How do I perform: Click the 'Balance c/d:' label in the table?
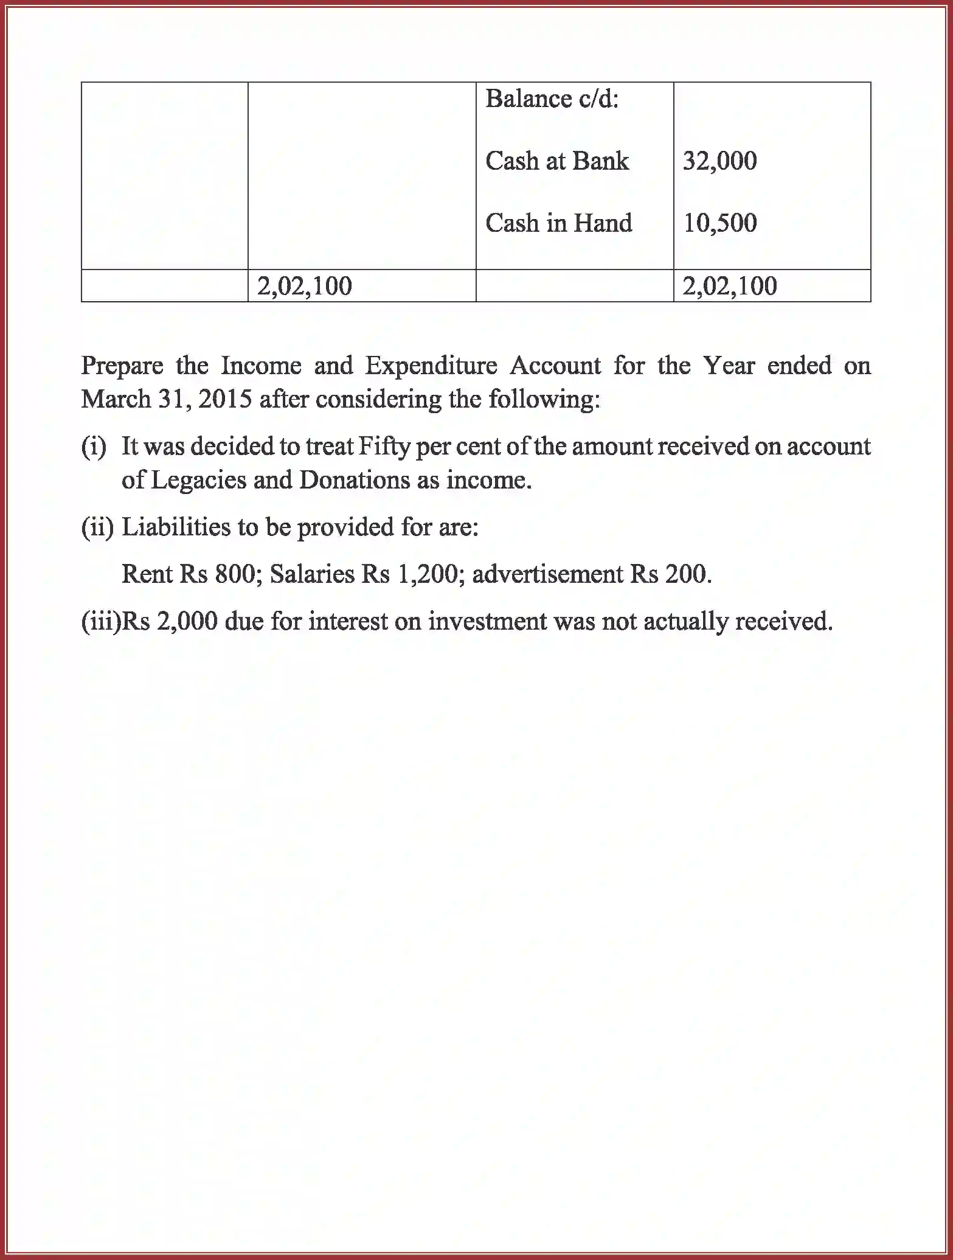pyautogui.click(x=552, y=99)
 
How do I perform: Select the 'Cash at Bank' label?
pyautogui.click(x=557, y=161)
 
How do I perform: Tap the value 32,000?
pyautogui.click(x=719, y=161)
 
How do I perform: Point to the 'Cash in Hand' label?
pyautogui.click(x=558, y=223)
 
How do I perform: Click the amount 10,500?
pyautogui.click(x=719, y=223)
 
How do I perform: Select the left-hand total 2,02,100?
pyautogui.click(x=304, y=286)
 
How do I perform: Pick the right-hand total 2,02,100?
pyautogui.click(x=729, y=286)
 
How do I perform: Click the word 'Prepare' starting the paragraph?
pyautogui.click(x=122, y=366)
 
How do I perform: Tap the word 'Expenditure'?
pyautogui.click(x=431, y=366)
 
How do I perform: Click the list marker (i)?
pyautogui.click(x=94, y=447)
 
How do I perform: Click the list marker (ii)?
pyautogui.click(x=97, y=527)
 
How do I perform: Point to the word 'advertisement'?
pyautogui.click(x=547, y=574)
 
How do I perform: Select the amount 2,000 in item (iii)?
pyautogui.click(x=187, y=622)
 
